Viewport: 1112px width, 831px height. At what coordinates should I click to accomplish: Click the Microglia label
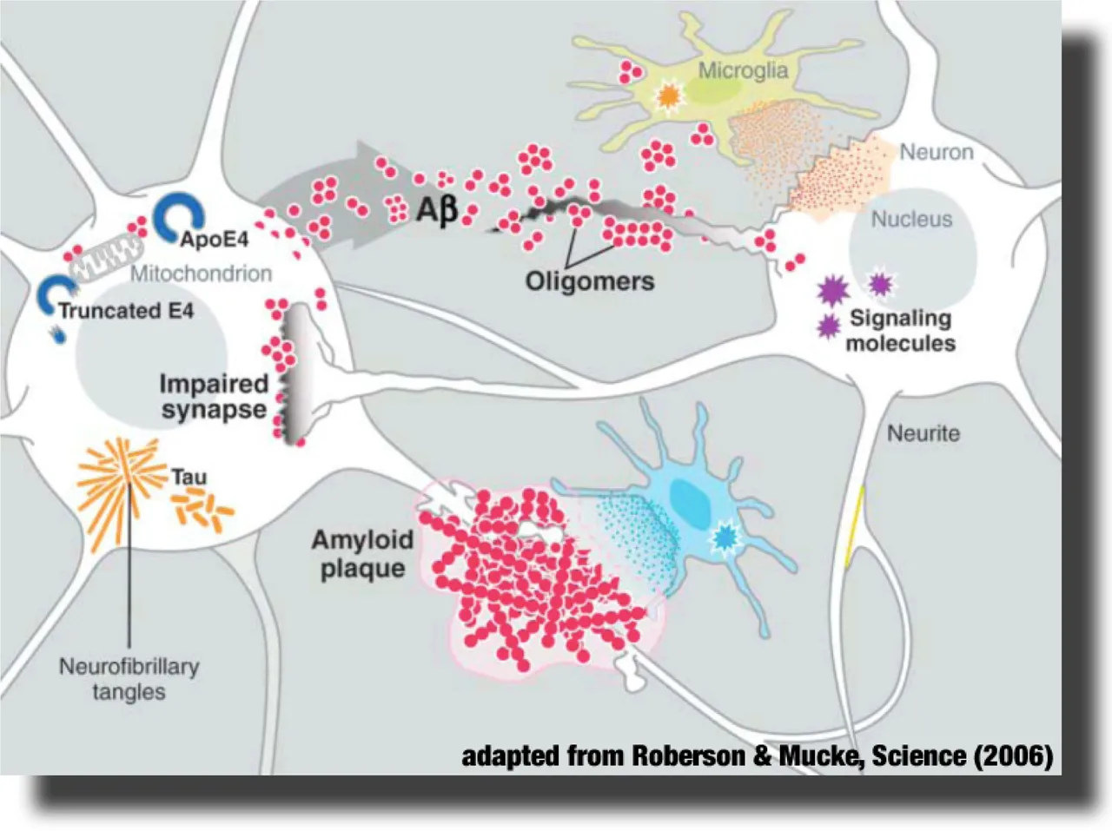tap(743, 71)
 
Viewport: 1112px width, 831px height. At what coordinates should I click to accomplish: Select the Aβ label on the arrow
tap(437, 209)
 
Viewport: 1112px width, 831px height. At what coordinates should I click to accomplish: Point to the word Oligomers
tap(590, 281)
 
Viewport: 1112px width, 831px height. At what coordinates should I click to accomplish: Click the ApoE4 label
tap(215, 239)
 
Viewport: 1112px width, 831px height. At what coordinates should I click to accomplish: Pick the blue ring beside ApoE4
tap(178, 217)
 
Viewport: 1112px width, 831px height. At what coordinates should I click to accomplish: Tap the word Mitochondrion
tap(202, 274)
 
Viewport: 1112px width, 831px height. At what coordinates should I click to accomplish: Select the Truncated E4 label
tap(127, 310)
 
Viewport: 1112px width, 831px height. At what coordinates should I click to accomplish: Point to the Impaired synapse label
tap(214, 397)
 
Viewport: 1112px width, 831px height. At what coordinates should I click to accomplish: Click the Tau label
tap(189, 477)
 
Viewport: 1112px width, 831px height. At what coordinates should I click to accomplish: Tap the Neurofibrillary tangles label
tap(129, 679)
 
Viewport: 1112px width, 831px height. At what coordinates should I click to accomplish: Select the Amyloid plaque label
tap(363, 554)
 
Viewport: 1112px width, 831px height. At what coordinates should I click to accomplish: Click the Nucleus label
tap(911, 220)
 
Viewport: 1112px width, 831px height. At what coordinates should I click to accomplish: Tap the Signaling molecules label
tap(901, 331)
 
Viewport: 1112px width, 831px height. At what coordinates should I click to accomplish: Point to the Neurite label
tap(923, 433)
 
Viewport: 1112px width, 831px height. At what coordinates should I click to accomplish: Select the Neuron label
tap(937, 152)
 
